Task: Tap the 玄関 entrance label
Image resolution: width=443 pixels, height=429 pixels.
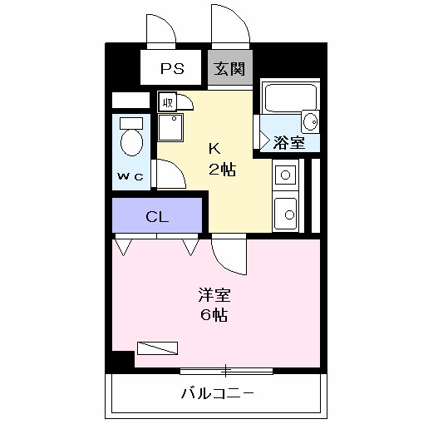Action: (230, 68)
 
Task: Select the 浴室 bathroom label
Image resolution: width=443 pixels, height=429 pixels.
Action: (288, 142)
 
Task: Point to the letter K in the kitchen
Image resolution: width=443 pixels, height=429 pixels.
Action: (214, 150)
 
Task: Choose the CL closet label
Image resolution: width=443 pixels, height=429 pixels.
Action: (157, 218)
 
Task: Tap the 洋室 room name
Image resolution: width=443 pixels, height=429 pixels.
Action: (214, 295)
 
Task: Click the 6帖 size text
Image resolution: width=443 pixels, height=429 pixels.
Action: (214, 315)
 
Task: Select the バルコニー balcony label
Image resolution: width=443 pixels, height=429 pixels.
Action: (217, 392)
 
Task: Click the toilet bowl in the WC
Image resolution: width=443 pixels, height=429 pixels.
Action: (130, 141)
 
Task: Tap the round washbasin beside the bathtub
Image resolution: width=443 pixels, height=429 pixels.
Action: (309, 121)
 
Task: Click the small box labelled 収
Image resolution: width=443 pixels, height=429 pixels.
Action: (167, 103)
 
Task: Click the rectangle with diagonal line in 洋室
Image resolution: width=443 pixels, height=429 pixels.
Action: (157, 348)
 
